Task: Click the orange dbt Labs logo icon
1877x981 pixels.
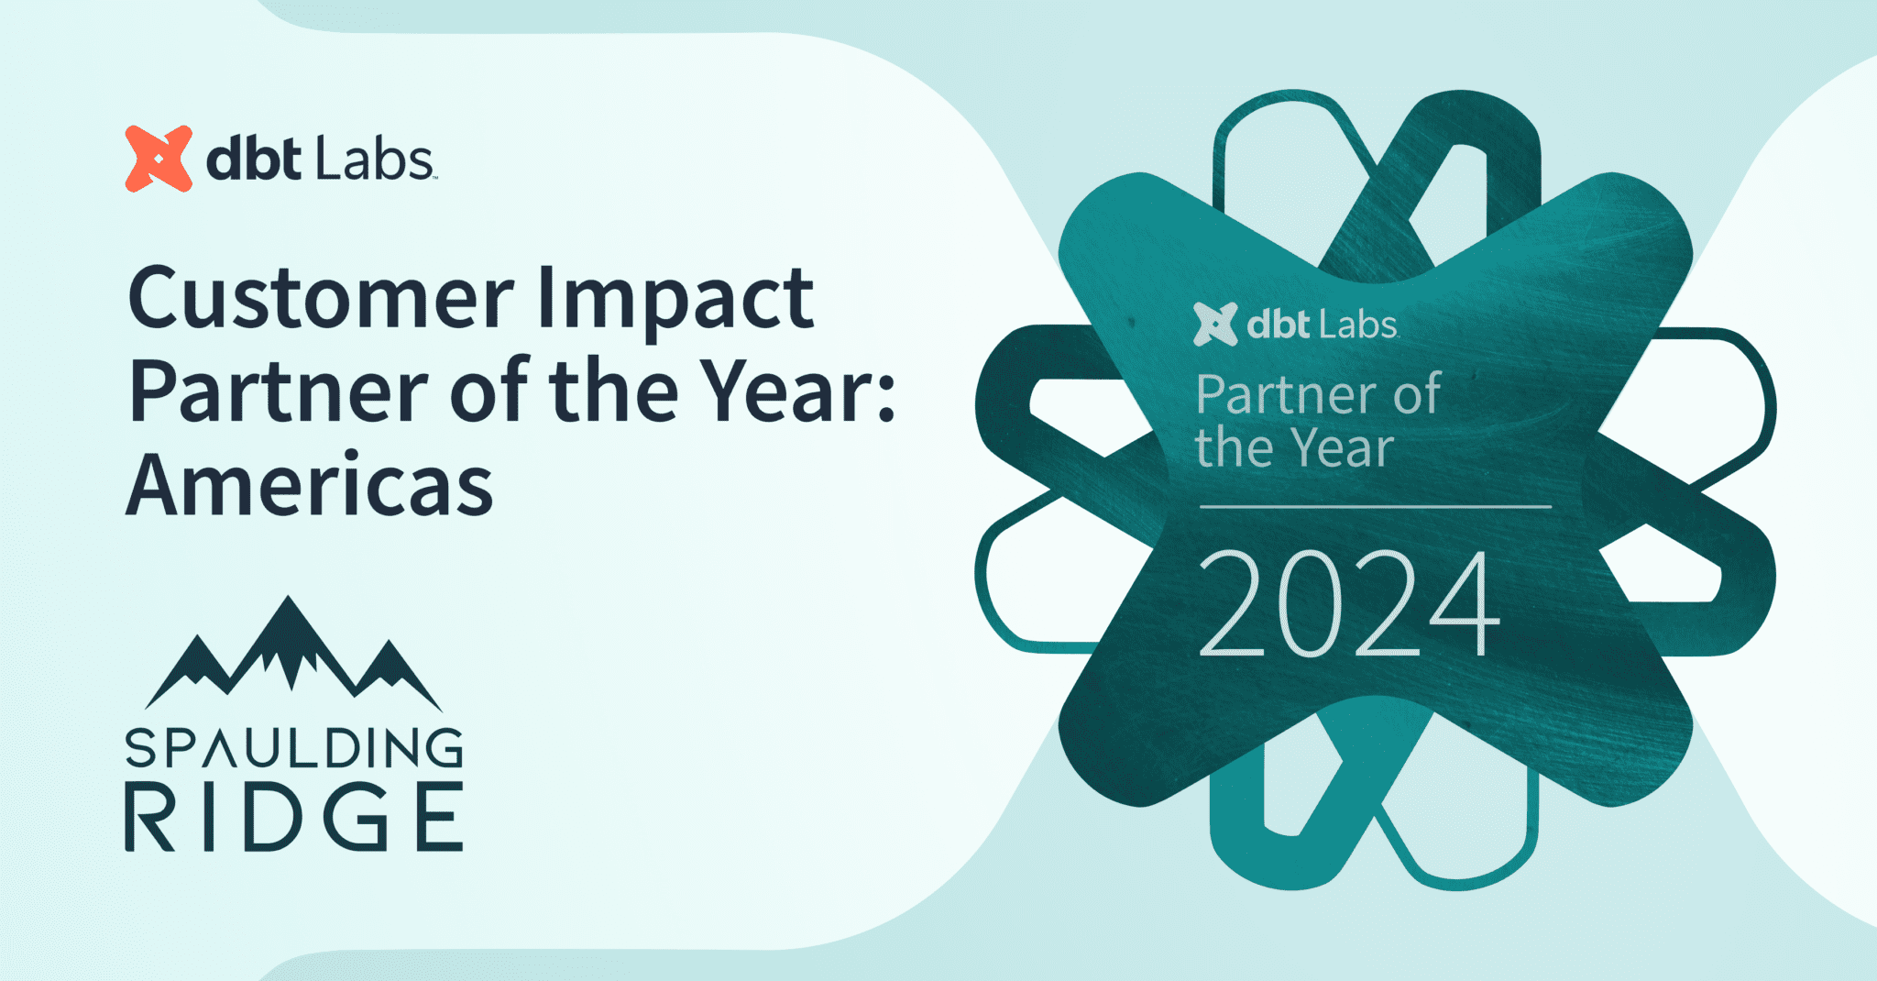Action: click(x=159, y=159)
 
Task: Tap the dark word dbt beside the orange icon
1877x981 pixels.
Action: click(x=254, y=159)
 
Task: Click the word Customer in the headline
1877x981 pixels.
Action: click(x=321, y=299)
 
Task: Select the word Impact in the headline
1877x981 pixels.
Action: click(x=675, y=299)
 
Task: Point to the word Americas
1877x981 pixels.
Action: click(x=310, y=487)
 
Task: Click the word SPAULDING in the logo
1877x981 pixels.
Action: click(x=293, y=748)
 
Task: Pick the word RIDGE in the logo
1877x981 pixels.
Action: click(x=293, y=817)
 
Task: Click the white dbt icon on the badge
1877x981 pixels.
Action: click(x=1215, y=325)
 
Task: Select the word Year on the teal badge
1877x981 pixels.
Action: click(x=1344, y=449)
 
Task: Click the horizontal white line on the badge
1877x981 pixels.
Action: click(x=1375, y=506)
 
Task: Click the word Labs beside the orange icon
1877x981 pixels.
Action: click(x=374, y=159)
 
